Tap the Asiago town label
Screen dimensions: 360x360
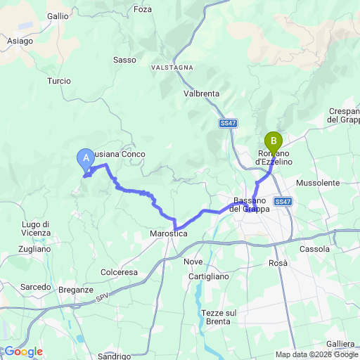[20, 41]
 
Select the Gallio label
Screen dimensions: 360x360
[58, 15]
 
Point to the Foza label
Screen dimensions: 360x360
[142, 10]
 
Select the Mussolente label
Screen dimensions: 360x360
[318, 183]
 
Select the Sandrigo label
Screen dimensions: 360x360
[115, 356]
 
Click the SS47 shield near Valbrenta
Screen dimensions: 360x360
[226, 124]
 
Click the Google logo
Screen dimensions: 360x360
[23, 351]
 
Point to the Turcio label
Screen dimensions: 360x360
[59, 81]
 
